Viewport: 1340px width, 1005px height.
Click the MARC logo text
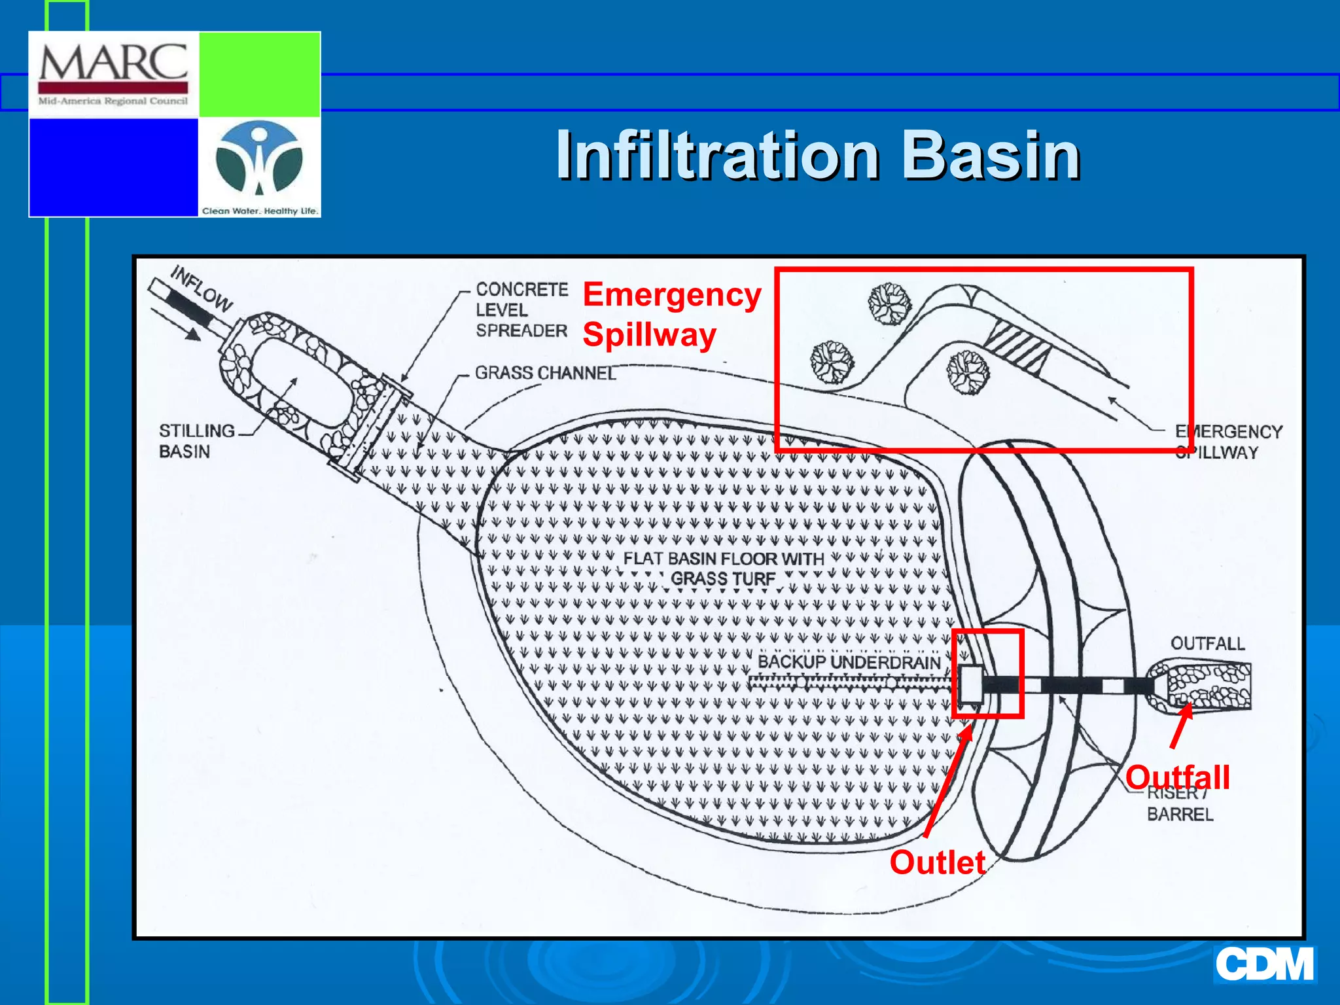pyautogui.click(x=113, y=64)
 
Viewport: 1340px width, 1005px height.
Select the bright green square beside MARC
pyautogui.click(x=260, y=74)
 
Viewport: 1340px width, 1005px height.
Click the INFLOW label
pyautogui.click(x=202, y=288)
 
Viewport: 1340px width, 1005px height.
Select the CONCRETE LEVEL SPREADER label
pyautogui.click(x=521, y=309)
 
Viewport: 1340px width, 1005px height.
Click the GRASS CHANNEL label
pyautogui.click(x=545, y=373)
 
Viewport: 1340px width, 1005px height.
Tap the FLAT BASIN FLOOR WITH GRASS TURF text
pyautogui.click(x=723, y=569)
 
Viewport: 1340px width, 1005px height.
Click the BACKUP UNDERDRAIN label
pyautogui.click(x=849, y=662)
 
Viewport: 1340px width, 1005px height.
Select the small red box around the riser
pyautogui.click(x=987, y=674)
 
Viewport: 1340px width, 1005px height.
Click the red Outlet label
pyautogui.click(x=937, y=862)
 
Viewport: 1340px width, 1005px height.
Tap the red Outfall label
pyautogui.click(x=1177, y=777)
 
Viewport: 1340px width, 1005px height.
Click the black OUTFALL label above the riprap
pyautogui.click(x=1207, y=644)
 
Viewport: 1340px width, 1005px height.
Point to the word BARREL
pyautogui.click(x=1180, y=815)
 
